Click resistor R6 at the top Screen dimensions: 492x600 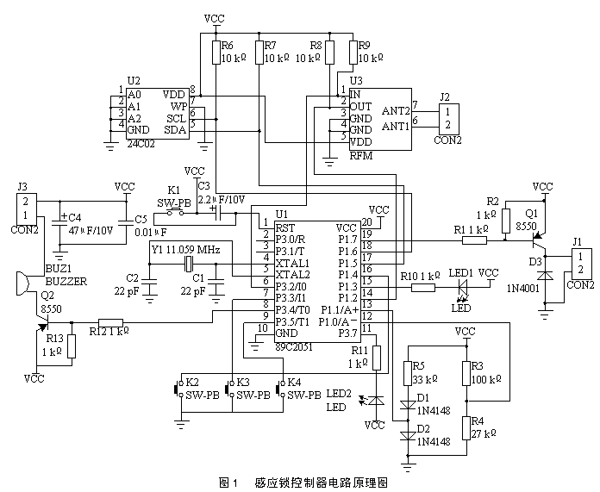click(216, 53)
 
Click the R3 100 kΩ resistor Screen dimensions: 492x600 click(466, 374)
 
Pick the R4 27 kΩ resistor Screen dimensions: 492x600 click(466, 427)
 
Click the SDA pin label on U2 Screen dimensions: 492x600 click(176, 130)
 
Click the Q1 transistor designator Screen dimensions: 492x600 click(532, 211)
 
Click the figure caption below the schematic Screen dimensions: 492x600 click(299, 481)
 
